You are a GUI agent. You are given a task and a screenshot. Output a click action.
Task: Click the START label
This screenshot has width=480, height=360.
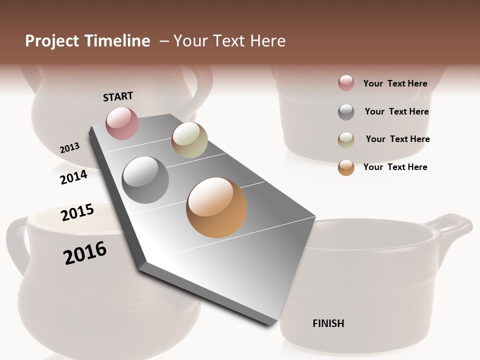[x=118, y=96]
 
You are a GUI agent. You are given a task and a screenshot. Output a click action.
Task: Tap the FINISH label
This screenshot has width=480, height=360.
[x=328, y=323]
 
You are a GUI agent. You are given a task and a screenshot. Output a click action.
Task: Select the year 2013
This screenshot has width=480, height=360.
[x=69, y=148]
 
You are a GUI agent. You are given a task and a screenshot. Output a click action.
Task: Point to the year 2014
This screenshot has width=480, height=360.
[x=73, y=177]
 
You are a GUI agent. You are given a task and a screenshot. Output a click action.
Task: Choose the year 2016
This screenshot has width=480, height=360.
[x=85, y=253]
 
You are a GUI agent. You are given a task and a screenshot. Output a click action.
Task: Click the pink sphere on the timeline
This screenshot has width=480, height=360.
[x=122, y=123]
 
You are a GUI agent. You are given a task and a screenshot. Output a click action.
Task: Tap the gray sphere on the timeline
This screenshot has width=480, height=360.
[x=145, y=180]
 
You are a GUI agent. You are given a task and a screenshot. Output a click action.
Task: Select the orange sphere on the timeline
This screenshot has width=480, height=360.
[x=216, y=207]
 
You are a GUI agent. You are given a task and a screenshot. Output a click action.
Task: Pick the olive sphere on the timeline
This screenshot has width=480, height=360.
[x=189, y=140]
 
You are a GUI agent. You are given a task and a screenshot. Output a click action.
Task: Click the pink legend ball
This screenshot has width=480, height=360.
[x=346, y=83]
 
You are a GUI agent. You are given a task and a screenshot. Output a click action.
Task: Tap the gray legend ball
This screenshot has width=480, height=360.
[x=346, y=112]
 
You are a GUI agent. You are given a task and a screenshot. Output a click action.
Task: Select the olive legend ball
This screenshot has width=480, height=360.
[x=346, y=140]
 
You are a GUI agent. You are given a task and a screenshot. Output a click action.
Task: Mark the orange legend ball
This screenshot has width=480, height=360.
[x=346, y=167]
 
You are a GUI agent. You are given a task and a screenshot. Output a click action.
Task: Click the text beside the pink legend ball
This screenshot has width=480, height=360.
[x=395, y=83]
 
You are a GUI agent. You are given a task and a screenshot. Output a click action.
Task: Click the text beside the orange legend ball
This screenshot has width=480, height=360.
[x=395, y=167]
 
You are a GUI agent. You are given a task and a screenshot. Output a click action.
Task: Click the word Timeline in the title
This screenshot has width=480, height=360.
[x=118, y=41]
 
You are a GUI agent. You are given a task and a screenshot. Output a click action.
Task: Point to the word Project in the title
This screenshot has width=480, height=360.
[x=52, y=41]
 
